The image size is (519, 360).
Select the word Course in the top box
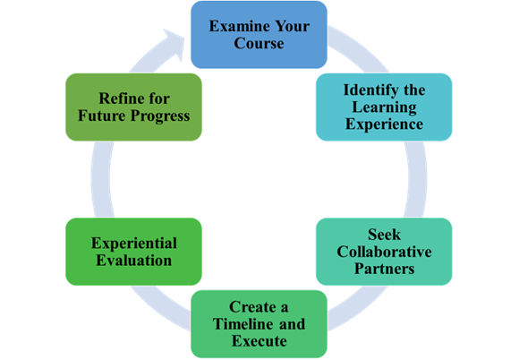click(259, 43)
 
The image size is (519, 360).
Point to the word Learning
click(384, 107)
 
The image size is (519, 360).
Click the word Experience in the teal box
click(384, 124)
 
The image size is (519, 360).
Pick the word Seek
click(384, 235)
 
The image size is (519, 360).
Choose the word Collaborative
click(384, 252)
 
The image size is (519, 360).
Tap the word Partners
click(384, 269)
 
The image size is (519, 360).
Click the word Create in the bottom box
click(252, 307)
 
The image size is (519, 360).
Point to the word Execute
click(259, 341)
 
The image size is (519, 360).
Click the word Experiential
click(134, 243)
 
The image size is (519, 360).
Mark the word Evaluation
click(134, 261)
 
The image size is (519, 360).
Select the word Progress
click(160, 116)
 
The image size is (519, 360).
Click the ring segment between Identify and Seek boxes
click(417, 179)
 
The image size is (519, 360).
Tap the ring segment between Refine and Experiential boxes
click(101, 179)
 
